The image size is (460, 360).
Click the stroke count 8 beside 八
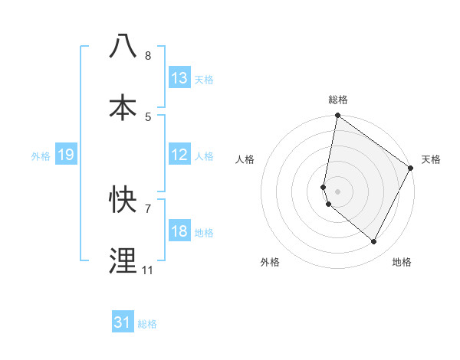(x=148, y=56)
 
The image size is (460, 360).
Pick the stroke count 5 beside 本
(x=148, y=116)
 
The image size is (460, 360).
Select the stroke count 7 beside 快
(x=148, y=208)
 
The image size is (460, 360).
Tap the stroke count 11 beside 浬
(x=148, y=270)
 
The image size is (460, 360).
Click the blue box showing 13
(x=179, y=78)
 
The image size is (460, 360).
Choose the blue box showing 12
(x=179, y=155)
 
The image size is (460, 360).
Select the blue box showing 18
(x=179, y=231)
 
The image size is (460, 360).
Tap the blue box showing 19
(x=65, y=155)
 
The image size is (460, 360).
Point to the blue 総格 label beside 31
(x=147, y=324)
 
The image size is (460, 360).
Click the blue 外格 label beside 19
(x=41, y=155)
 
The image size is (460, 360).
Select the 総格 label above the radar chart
(x=338, y=100)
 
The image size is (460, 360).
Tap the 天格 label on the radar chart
(x=431, y=159)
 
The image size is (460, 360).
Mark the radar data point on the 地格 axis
(x=374, y=242)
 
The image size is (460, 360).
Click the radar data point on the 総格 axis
(x=337, y=116)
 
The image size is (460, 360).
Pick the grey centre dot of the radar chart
(x=337, y=191)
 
